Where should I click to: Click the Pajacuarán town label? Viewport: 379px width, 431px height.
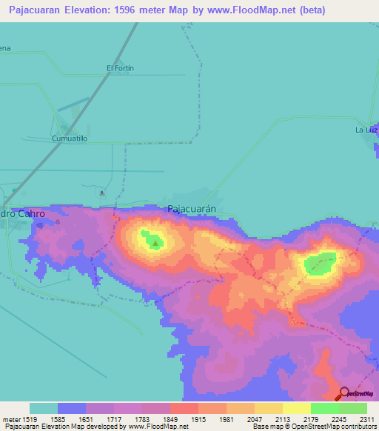[x=192, y=209]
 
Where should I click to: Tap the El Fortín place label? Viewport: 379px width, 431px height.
[x=120, y=68]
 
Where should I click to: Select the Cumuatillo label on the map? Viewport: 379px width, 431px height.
[x=70, y=138]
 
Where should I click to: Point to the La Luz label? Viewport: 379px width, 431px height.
[x=366, y=130]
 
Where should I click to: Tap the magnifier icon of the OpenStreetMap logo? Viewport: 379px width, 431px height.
[x=344, y=393]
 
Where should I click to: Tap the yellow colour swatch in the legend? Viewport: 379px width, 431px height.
[x=296, y=408]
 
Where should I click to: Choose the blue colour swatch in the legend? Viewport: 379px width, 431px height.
[x=72, y=408]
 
